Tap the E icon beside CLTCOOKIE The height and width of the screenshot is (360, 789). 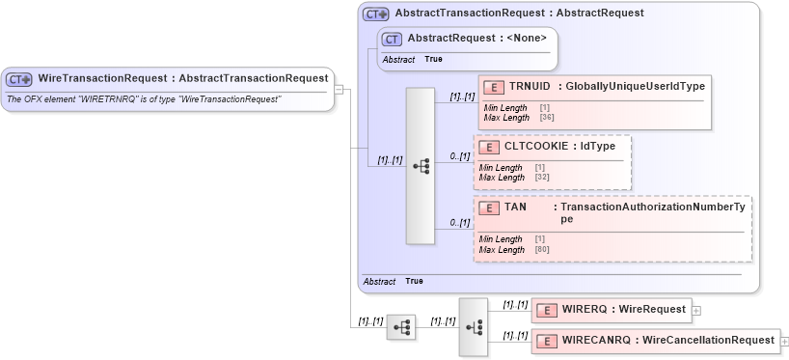pyautogui.click(x=489, y=148)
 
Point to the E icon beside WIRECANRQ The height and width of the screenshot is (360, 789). pyautogui.click(x=547, y=341)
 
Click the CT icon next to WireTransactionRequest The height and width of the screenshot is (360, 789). pyautogui.click(x=19, y=78)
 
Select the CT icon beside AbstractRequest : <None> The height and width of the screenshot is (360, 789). pyautogui.click(x=392, y=39)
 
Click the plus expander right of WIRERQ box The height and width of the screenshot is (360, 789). pyautogui.click(x=696, y=311)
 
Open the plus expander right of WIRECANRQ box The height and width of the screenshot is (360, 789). pyautogui.click(x=784, y=342)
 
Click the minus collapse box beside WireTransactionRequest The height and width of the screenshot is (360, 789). pyautogui.click(x=339, y=89)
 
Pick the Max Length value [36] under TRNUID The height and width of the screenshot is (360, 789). pyautogui.click(x=546, y=118)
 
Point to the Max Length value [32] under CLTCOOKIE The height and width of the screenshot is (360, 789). pyautogui.click(x=541, y=178)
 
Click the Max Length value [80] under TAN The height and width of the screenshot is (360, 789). pyautogui.click(x=541, y=249)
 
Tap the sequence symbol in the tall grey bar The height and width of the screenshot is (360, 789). pyautogui.click(x=421, y=165)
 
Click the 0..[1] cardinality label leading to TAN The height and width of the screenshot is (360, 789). pyautogui.click(x=459, y=224)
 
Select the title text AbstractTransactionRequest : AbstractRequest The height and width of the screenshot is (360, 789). pyautogui.click(x=519, y=14)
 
